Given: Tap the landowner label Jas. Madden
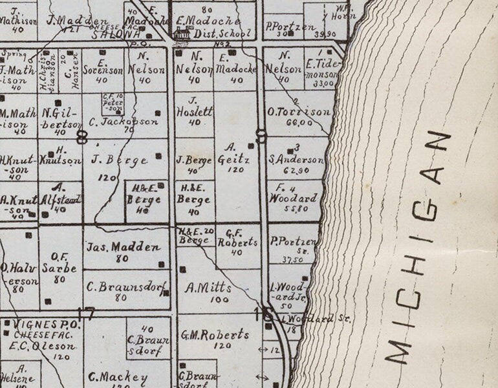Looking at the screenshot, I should (124, 247).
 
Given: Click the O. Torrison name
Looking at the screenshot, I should (299, 112).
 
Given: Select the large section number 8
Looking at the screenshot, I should (82, 137).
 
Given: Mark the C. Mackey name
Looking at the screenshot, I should (118, 377).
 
